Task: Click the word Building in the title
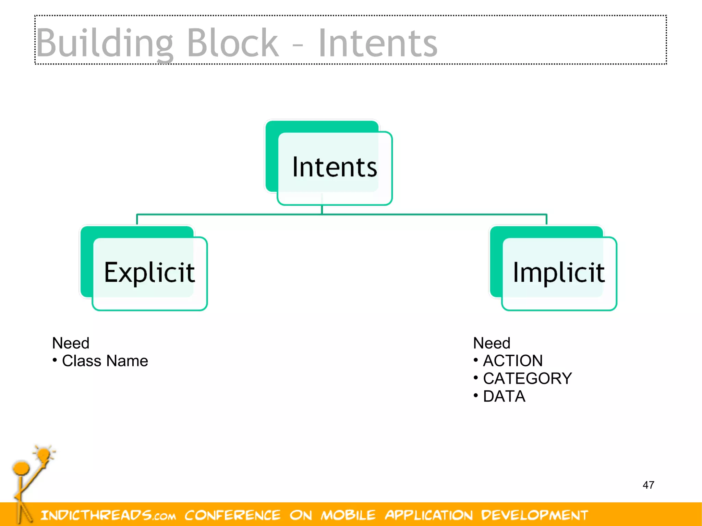point(105,44)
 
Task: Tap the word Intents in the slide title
point(378,44)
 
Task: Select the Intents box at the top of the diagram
point(334,167)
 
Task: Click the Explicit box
point(149,272)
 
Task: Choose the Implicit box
point(559,272)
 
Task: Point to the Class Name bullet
point(105,361)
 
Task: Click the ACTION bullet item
point(512,360)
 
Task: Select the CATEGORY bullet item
point(527,378)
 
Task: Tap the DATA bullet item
point(504,396)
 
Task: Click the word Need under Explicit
point(71,343)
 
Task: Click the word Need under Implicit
point(492,343)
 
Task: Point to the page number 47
point(648,485)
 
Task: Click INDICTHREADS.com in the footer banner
point(108,515)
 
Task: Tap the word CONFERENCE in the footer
point(232,515)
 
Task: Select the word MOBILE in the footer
point(348,515)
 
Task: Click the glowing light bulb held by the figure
point(44,455)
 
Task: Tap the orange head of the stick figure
point(21,468)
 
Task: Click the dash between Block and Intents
point(298,45)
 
